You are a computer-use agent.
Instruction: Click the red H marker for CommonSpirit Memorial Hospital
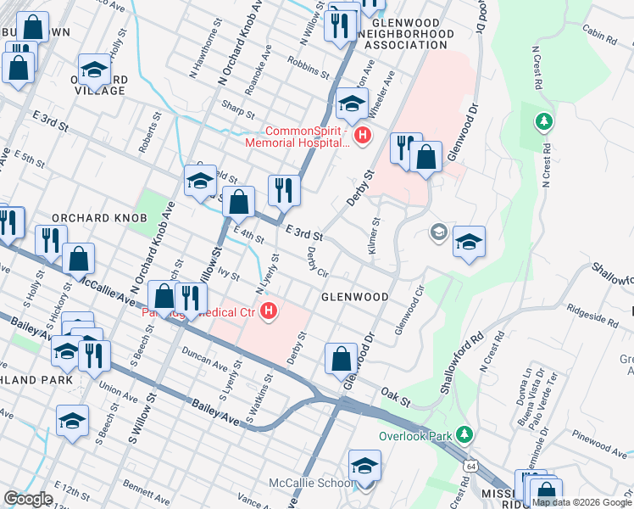(x=363, y=135)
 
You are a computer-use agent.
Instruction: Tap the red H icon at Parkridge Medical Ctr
(x=270, y=311)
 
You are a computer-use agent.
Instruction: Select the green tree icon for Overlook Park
(x=463, y=435)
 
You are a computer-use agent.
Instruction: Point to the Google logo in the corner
(x=28, y=498)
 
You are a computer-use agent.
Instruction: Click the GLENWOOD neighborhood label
(x=354, y=297)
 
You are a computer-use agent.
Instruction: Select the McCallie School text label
(x=312, y=484)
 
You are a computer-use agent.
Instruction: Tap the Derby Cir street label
(x=317, y=262)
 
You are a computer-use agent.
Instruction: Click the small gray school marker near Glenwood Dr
(x=438, y=232)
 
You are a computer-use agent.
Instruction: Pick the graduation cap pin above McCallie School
(x=364, y=466)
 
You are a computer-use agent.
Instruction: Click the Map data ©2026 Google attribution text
(x=581, y=502)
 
